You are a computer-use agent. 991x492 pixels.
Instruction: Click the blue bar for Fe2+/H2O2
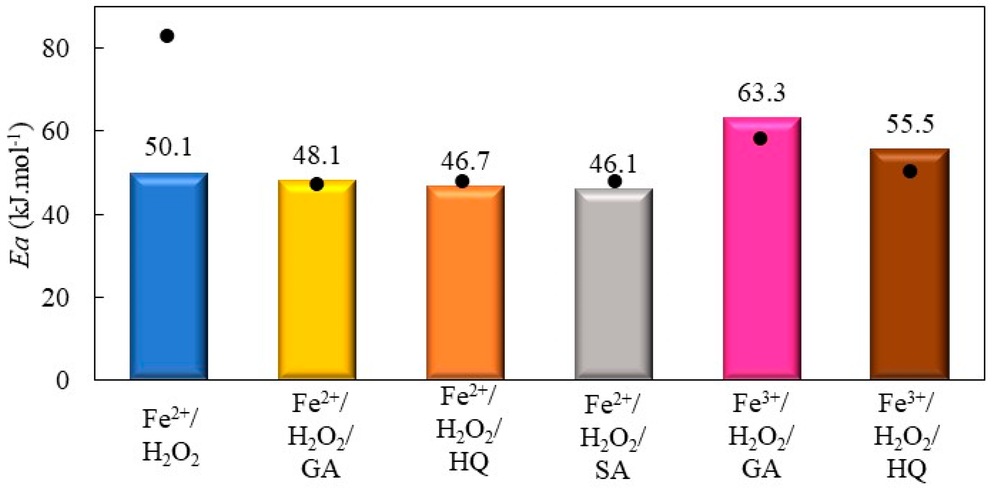click(169, 277)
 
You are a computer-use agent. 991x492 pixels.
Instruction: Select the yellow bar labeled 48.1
click(317, 281)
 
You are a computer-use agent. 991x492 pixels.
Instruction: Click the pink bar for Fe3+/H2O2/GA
click(762, 250)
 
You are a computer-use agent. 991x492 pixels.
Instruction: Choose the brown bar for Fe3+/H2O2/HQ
click(910, 265)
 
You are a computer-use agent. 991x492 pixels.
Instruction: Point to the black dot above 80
click(167, 36)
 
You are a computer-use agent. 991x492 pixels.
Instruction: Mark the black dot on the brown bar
click(910, 171)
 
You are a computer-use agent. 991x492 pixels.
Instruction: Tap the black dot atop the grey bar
click(615, 182)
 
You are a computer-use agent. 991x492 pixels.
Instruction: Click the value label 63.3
click(761, 93)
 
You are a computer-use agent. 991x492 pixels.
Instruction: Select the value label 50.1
click(168, 147)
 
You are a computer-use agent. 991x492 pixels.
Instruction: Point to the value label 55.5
click(910, 124)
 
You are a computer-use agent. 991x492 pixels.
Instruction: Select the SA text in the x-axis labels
click(613, 470)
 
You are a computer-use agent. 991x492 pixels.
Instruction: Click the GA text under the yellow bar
click(320, 470)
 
